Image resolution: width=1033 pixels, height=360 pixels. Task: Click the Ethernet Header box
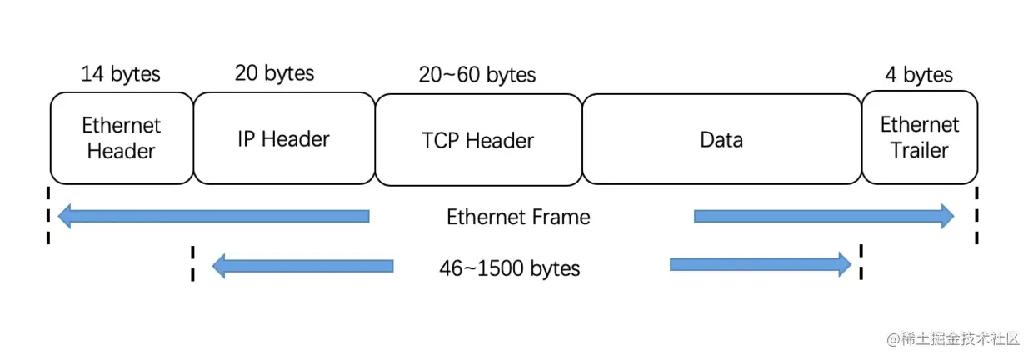122,138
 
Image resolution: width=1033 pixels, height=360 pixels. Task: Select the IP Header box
284,138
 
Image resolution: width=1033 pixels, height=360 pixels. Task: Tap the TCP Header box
478,139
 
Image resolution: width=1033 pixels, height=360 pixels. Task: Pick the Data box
721,138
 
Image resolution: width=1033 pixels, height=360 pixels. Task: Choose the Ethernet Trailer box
920,138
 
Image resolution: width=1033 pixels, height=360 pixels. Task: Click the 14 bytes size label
121,74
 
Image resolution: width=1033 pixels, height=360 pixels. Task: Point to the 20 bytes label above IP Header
275,73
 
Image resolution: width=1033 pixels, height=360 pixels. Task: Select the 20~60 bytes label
477,75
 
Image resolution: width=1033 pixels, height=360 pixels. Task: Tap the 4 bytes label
919,75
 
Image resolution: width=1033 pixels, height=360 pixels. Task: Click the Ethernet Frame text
518,217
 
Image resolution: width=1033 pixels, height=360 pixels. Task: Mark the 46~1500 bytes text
510,268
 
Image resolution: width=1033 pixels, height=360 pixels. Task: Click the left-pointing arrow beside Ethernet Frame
213,217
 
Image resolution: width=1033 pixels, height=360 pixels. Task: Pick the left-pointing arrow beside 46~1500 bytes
303,267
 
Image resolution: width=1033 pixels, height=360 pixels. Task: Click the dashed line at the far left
47,215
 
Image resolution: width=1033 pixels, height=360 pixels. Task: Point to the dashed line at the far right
976,215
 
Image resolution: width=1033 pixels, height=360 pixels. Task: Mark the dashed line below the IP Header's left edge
192,263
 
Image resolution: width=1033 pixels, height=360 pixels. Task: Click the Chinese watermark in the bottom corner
953,338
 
